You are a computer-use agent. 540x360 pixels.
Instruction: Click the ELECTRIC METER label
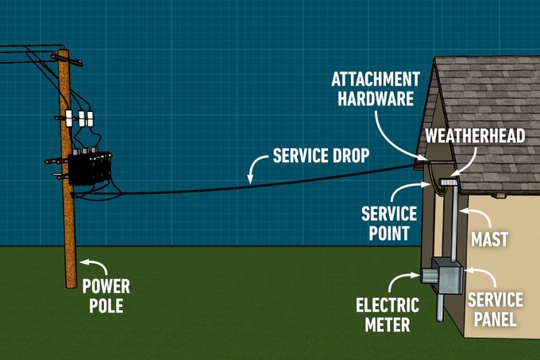(x=382, y=314)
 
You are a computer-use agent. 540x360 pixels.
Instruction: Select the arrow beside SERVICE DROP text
(x=256, y=168)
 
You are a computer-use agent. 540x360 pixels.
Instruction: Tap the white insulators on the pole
(x=81, y=118)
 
